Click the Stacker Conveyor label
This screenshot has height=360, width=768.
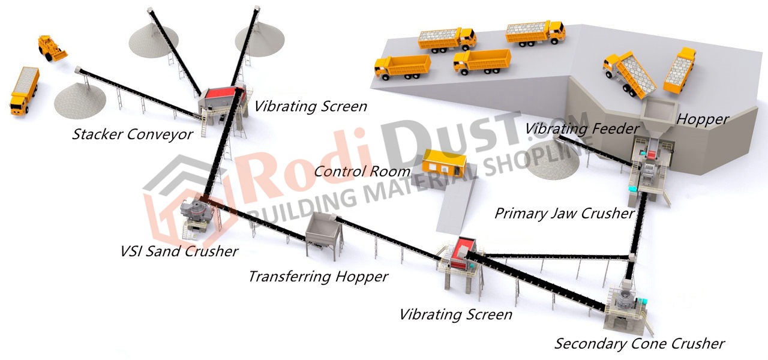(133, 134)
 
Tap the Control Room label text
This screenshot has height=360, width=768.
(362, 171)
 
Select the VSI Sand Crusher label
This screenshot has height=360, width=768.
(179, 251)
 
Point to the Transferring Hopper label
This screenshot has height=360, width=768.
(318, 277)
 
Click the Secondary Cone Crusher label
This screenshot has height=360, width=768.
(640, 344)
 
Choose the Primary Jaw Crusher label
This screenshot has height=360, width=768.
(565, 213)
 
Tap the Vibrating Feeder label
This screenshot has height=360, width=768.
(582, 129)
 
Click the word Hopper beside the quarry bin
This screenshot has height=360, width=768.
(703, 119)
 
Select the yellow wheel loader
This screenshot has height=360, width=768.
(52, 48)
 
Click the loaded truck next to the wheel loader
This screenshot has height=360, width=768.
(25, 91)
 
